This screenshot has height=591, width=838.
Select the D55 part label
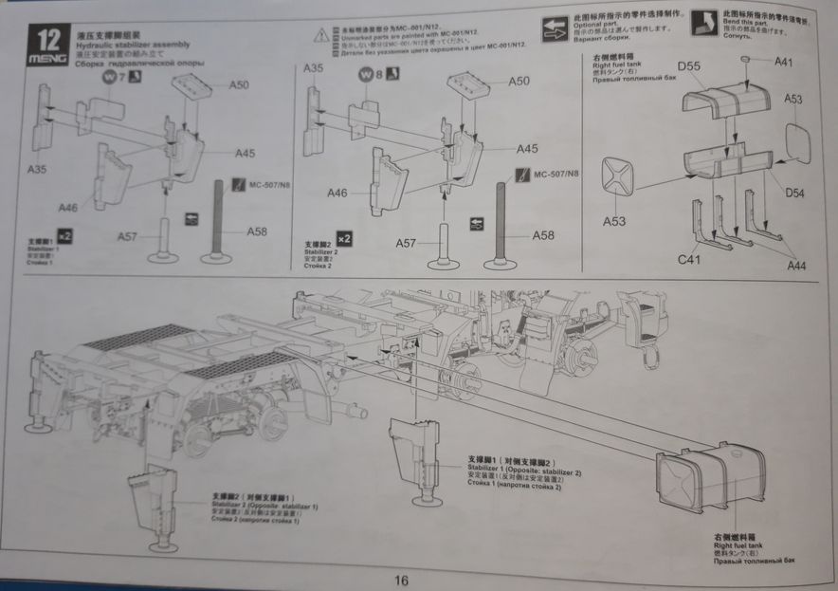click(x=689, y=66)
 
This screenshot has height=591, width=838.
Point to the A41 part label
click(x=784, y=63)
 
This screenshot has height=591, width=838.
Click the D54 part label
click(x=794, y=193)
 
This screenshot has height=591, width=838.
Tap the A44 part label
click(x=796, y=266)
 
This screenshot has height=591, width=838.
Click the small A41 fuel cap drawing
click(x=747, y=61)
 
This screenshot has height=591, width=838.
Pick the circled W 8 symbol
click(x=368, y=77)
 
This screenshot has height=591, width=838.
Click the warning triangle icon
click(x=321, y=35)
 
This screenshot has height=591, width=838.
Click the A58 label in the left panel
click(x=257, y=231)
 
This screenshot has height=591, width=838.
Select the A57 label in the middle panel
click(x=406, y=244)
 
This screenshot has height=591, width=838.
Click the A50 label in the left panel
click(x=239, y=85)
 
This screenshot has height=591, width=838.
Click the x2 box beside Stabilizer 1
click(x=65, y=233)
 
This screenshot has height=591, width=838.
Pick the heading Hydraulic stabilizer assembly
click(x=132, y=44)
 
